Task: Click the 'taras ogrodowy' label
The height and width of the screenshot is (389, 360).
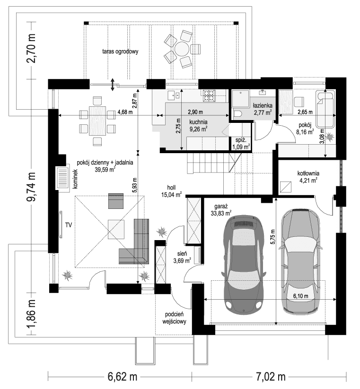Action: click(x=120, y=52)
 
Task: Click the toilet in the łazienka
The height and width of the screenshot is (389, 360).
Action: click(x=238, y=112)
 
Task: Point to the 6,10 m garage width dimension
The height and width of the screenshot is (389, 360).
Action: click(x=300, y=296)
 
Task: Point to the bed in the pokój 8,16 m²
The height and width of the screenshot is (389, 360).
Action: click(x=325, y=109)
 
